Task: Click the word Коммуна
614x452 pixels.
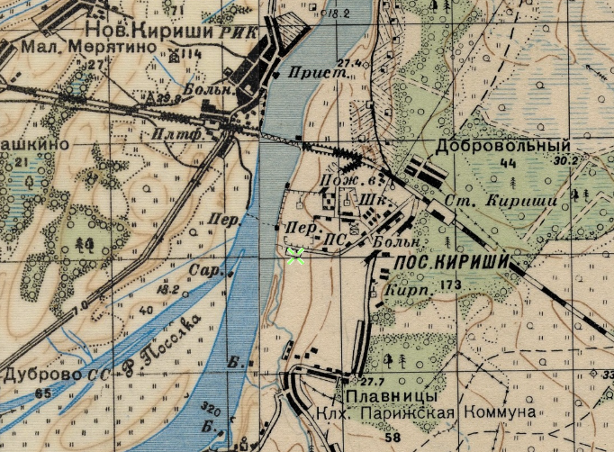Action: pos(500,412)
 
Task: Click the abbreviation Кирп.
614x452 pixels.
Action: pos(402,291)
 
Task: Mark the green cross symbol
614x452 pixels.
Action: pos(295,256)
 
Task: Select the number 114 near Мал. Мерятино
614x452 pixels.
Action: pos(190,54)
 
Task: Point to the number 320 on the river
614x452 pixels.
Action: pos(212,406)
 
